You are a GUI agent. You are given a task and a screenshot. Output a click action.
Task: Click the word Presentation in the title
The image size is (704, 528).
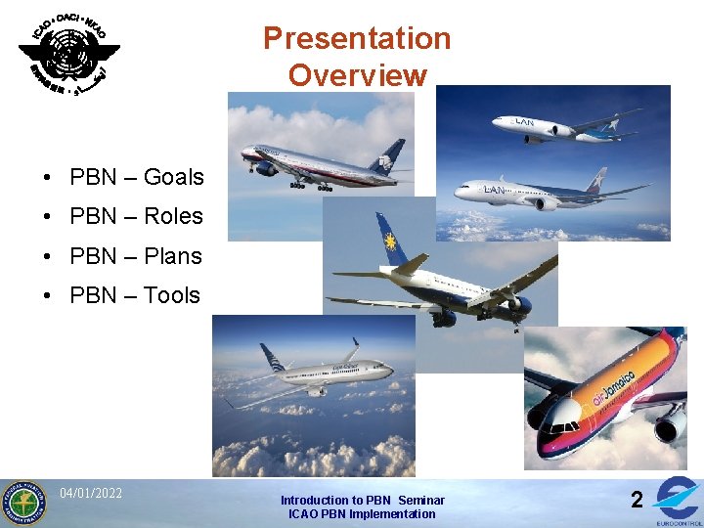[357, 38]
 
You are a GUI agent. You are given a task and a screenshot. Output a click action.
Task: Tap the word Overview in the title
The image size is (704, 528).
[357, 75]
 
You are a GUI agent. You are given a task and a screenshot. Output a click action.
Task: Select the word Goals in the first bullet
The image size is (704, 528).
[173, 177]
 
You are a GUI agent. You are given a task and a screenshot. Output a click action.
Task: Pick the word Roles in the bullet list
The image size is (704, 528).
[173, 216]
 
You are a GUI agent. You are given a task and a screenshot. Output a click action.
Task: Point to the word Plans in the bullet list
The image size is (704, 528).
[172, 256]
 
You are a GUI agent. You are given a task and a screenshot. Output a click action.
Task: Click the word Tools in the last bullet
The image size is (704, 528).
[171, 295]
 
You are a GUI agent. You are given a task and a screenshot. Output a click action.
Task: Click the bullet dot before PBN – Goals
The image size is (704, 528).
[47, 178]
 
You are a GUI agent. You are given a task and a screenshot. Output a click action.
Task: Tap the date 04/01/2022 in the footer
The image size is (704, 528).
[91, 493]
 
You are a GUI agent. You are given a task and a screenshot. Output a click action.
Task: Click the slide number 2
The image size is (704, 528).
[637, 500]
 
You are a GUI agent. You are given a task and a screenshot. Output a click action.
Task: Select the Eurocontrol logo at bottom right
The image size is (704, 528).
[678, 500]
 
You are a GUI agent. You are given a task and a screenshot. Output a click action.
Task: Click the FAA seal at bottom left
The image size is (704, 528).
[23, 503]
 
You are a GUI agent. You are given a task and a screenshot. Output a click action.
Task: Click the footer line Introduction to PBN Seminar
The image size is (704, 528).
[362, 500]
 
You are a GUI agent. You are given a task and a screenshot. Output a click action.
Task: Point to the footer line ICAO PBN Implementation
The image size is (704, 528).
[362, 513]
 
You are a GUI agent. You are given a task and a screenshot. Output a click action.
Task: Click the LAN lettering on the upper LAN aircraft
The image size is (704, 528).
[524, 123]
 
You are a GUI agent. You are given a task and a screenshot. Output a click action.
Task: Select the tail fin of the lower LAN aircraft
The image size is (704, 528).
[594, 181]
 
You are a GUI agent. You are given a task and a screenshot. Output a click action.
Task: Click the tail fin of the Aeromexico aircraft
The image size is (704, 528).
[390, 156]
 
